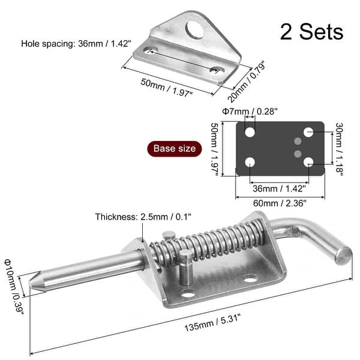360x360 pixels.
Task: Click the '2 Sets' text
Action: click(x=311, y=31)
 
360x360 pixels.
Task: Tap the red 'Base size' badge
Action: click(x=174, y=148)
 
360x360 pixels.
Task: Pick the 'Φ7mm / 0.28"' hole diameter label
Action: click(x=250, y=111)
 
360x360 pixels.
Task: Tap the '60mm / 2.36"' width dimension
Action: click(x=280, y=203)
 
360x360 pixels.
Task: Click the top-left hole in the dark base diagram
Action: click(x=250, y=132)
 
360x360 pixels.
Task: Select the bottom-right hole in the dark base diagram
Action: click(x=308, y=161)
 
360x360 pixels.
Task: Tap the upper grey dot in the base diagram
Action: click(x=297, y=141)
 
